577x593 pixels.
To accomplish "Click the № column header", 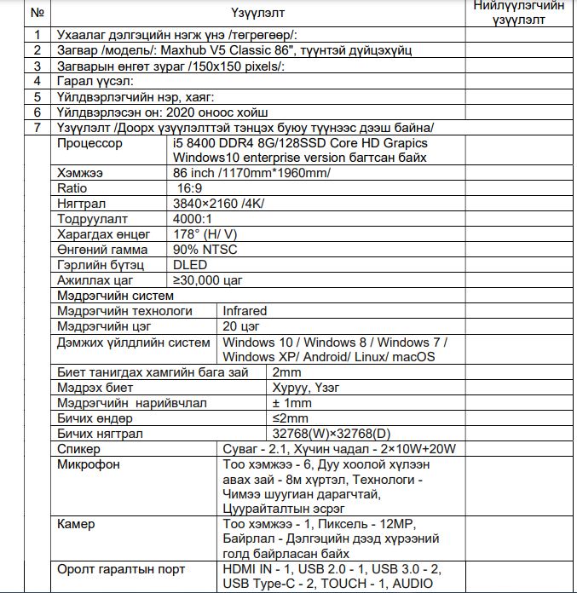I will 37,13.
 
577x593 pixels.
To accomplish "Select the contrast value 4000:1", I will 193,219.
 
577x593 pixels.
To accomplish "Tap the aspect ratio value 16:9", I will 190,187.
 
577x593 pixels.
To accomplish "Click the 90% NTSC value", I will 205,250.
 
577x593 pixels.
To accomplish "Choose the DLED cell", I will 190,265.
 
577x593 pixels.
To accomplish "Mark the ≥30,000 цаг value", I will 209,280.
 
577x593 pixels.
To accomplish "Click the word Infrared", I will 245,311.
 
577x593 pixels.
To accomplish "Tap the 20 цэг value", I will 241,326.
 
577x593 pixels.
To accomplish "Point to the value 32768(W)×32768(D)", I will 326,434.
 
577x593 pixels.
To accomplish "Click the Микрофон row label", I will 89,464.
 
